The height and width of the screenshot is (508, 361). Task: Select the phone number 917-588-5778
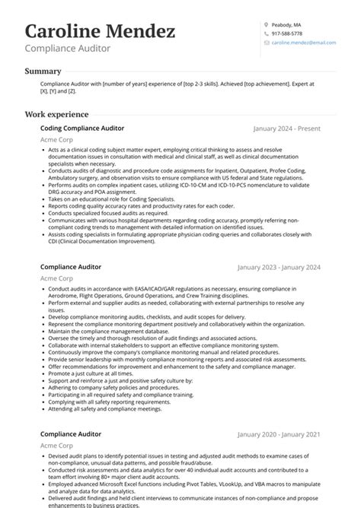coord(287,34)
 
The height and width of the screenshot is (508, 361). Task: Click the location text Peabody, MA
coord(286,24)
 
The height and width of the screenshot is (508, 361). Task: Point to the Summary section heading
coord(43,71)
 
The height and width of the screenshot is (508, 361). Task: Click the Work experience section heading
coord(57,114)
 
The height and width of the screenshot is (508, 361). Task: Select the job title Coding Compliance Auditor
coord(82,129)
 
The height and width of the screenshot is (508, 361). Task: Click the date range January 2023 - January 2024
coord(279,268)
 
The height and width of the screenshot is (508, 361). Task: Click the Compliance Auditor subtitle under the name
coord(67,49)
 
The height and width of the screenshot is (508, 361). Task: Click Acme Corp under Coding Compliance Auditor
coord(56,140)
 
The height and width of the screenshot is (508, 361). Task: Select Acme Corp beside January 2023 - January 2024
coord(56,279)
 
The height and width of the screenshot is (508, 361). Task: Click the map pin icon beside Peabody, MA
coord(266,24)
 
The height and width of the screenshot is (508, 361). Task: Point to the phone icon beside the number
coord(266,34)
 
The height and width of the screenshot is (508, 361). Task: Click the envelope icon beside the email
coord(266,44)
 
